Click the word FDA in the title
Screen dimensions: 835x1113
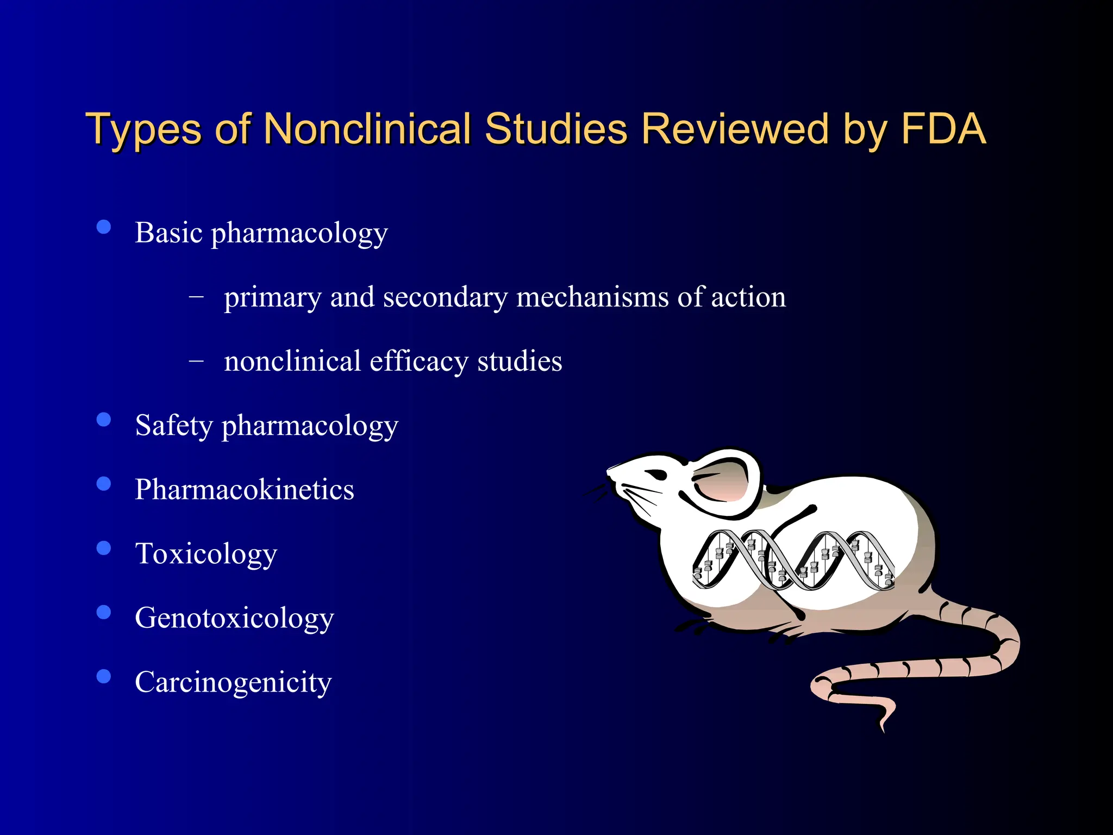pos(943,129)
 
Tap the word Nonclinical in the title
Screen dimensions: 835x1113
pos(368,129)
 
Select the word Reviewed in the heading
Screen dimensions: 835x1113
pos(734,129)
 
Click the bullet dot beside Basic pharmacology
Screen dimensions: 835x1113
pos(103,227)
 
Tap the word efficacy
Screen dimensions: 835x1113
pos(418,362)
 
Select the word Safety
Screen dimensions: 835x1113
pos(174,425)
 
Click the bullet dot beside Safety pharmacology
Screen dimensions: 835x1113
pos(103,420)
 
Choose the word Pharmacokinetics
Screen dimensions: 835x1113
pos(245,489)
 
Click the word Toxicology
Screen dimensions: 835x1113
pos(206,553)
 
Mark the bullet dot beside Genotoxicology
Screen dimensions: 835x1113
pos(103,612)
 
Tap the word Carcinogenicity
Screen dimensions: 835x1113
pos(233,682)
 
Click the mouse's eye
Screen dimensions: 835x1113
pos(656,474)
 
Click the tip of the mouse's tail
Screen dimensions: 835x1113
pos(883,728)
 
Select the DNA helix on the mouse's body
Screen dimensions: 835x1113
pos(793,560)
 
